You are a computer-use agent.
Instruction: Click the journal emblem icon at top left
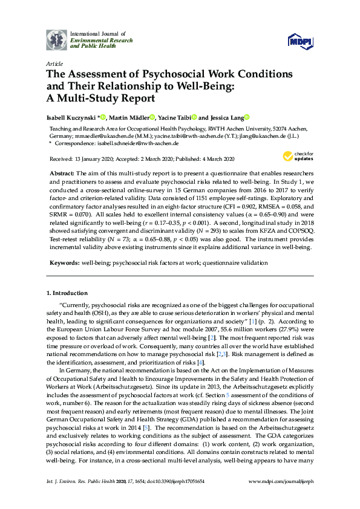tap(57, 39)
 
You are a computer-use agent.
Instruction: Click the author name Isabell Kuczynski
tap(71, 117)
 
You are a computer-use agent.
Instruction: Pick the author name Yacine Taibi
tap(175, 117)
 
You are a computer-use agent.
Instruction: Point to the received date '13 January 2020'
tap(100, 160)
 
